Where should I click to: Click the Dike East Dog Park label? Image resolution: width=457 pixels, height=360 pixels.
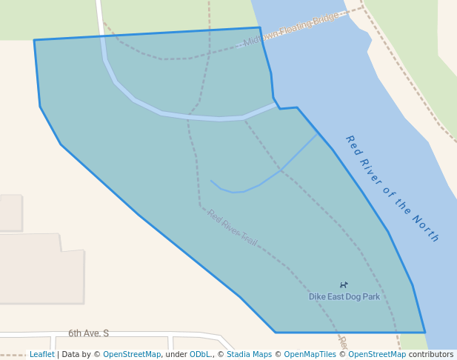344,297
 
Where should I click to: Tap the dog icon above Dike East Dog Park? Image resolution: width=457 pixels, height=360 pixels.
344,285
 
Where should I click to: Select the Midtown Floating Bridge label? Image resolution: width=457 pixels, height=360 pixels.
291,29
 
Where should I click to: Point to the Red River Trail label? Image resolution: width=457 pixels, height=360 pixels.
232,227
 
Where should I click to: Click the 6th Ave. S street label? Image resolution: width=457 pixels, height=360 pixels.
88,333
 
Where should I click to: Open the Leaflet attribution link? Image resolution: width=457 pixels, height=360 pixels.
42,355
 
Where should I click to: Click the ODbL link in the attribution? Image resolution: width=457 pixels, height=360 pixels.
201,355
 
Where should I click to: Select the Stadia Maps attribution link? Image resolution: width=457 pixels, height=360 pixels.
249,355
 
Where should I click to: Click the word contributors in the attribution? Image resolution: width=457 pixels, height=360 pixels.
431,355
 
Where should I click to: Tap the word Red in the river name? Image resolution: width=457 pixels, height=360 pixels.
353,144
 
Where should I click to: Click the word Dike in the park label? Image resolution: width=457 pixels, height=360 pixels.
317,297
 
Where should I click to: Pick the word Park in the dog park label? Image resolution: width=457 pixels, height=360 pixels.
370,297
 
